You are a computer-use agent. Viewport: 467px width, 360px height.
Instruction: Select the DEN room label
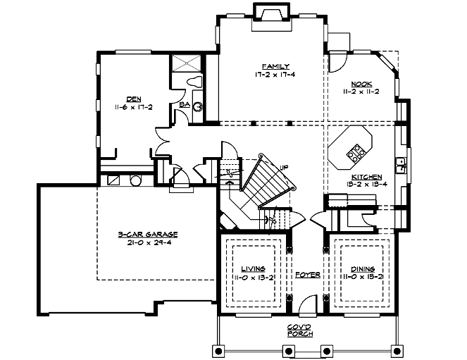[133, 99]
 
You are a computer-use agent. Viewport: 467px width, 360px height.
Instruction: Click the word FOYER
[307, 273]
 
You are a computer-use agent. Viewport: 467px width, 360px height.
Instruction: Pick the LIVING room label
[253, 268]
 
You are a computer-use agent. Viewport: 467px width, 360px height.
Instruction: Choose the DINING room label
[362, 268]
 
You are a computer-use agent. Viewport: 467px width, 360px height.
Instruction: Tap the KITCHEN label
[365, 177]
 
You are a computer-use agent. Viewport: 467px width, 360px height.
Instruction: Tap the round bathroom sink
[198, 107]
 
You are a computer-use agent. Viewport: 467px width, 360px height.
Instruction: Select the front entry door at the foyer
[306, 306]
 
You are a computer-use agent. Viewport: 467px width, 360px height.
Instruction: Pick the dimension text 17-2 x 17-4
[272, 73]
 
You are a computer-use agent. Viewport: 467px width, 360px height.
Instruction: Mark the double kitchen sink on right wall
[400, 165]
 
